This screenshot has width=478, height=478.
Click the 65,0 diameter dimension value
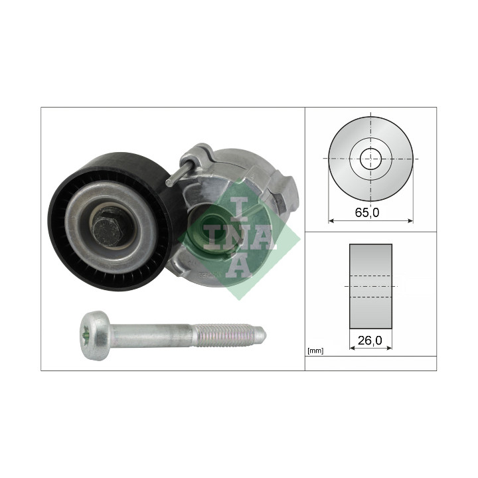tap(367, 212)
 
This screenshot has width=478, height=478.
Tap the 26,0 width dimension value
tap(370, 340)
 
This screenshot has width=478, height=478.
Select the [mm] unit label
tap(315, 351)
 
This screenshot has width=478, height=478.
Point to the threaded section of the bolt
tap(229, 335)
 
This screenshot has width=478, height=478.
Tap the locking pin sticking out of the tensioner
tap(179, 174)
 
